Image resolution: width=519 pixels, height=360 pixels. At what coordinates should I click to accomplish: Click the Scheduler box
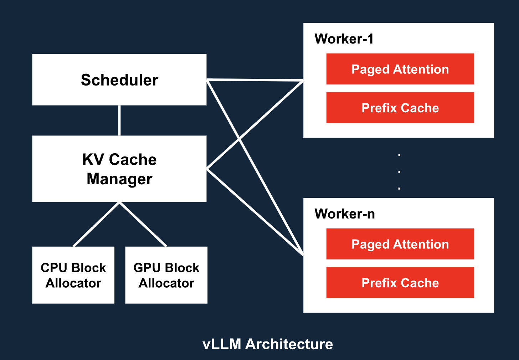click(x=119, y=79)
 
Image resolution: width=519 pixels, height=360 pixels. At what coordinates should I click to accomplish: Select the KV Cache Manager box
click(x=119, y=169)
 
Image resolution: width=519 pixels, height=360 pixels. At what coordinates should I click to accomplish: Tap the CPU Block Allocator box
click(x=73, y=275)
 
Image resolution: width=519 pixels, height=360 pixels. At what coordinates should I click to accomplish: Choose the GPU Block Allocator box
click(x=166, y=275)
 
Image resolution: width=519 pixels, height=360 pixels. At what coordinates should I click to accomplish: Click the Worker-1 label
click(x=344, y=39)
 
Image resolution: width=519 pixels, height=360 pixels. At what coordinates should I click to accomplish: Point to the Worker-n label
click(x=344, y=214)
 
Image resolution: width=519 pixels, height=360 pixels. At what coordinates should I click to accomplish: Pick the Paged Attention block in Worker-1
click(x=400, y=69)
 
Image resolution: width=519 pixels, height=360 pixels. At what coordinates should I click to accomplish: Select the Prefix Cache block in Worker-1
click(x=400, y=108)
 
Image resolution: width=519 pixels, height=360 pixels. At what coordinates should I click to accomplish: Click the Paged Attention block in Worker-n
click(x=400, y=244)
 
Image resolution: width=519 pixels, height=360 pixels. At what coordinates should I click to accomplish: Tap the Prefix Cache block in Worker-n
click(x=400, y=283)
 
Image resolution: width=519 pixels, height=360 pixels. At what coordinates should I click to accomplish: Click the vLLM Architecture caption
click(x=267, y=344)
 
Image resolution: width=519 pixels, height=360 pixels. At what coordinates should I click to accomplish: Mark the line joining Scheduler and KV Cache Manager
click(x=119, y=120)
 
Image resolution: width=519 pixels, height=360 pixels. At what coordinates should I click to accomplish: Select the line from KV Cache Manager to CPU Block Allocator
click(x=96, y=224)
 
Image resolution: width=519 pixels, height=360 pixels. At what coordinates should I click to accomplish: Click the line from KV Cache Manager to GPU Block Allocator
click(x=143, y=224)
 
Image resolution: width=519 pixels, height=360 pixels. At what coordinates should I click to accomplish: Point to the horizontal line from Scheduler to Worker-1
click(x=255, y=80)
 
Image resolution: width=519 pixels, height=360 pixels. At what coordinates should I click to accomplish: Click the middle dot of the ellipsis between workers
click(x=399, y=172)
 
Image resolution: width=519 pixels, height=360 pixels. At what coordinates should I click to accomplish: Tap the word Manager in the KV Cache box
click(x=119, y=179)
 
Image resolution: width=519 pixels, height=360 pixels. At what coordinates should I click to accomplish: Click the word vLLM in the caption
click(x=222, y=344)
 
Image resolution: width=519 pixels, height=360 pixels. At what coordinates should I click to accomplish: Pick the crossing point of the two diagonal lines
click(x=239, y=139)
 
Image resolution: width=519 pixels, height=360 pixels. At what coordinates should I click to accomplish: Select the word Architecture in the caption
click(x=289, y=344)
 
